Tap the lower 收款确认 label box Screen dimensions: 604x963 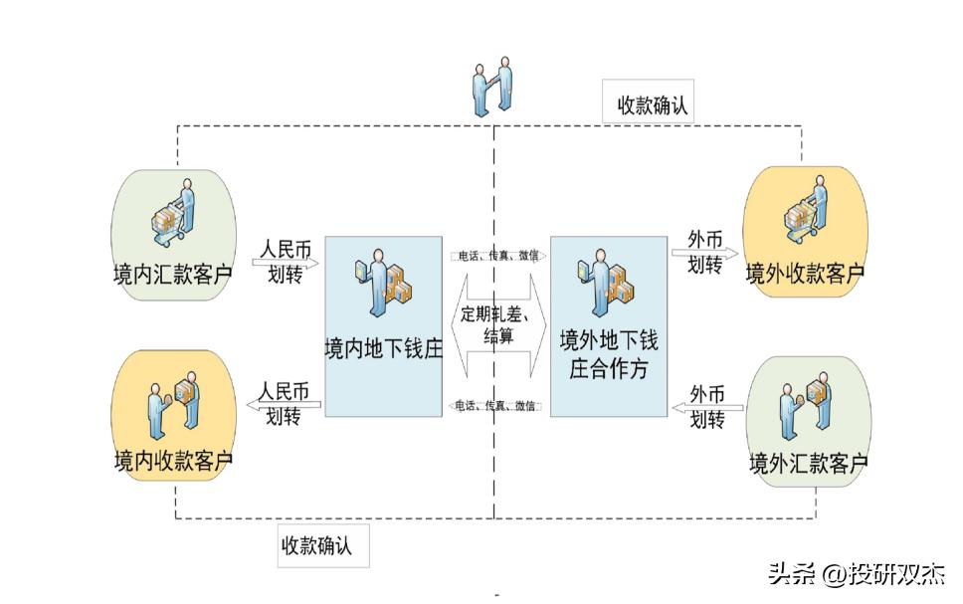coord(324,545)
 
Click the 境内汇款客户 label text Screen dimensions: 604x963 coord(173,272)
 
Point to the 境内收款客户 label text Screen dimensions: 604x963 coord(173,461)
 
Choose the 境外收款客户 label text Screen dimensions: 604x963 coord(805,272)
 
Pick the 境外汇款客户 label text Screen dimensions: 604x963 coord(807,463)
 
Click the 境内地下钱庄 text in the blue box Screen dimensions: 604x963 coord(383,349)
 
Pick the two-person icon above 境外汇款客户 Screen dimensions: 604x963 coord(806,406)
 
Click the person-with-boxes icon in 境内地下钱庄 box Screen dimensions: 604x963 coord(383,278)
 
